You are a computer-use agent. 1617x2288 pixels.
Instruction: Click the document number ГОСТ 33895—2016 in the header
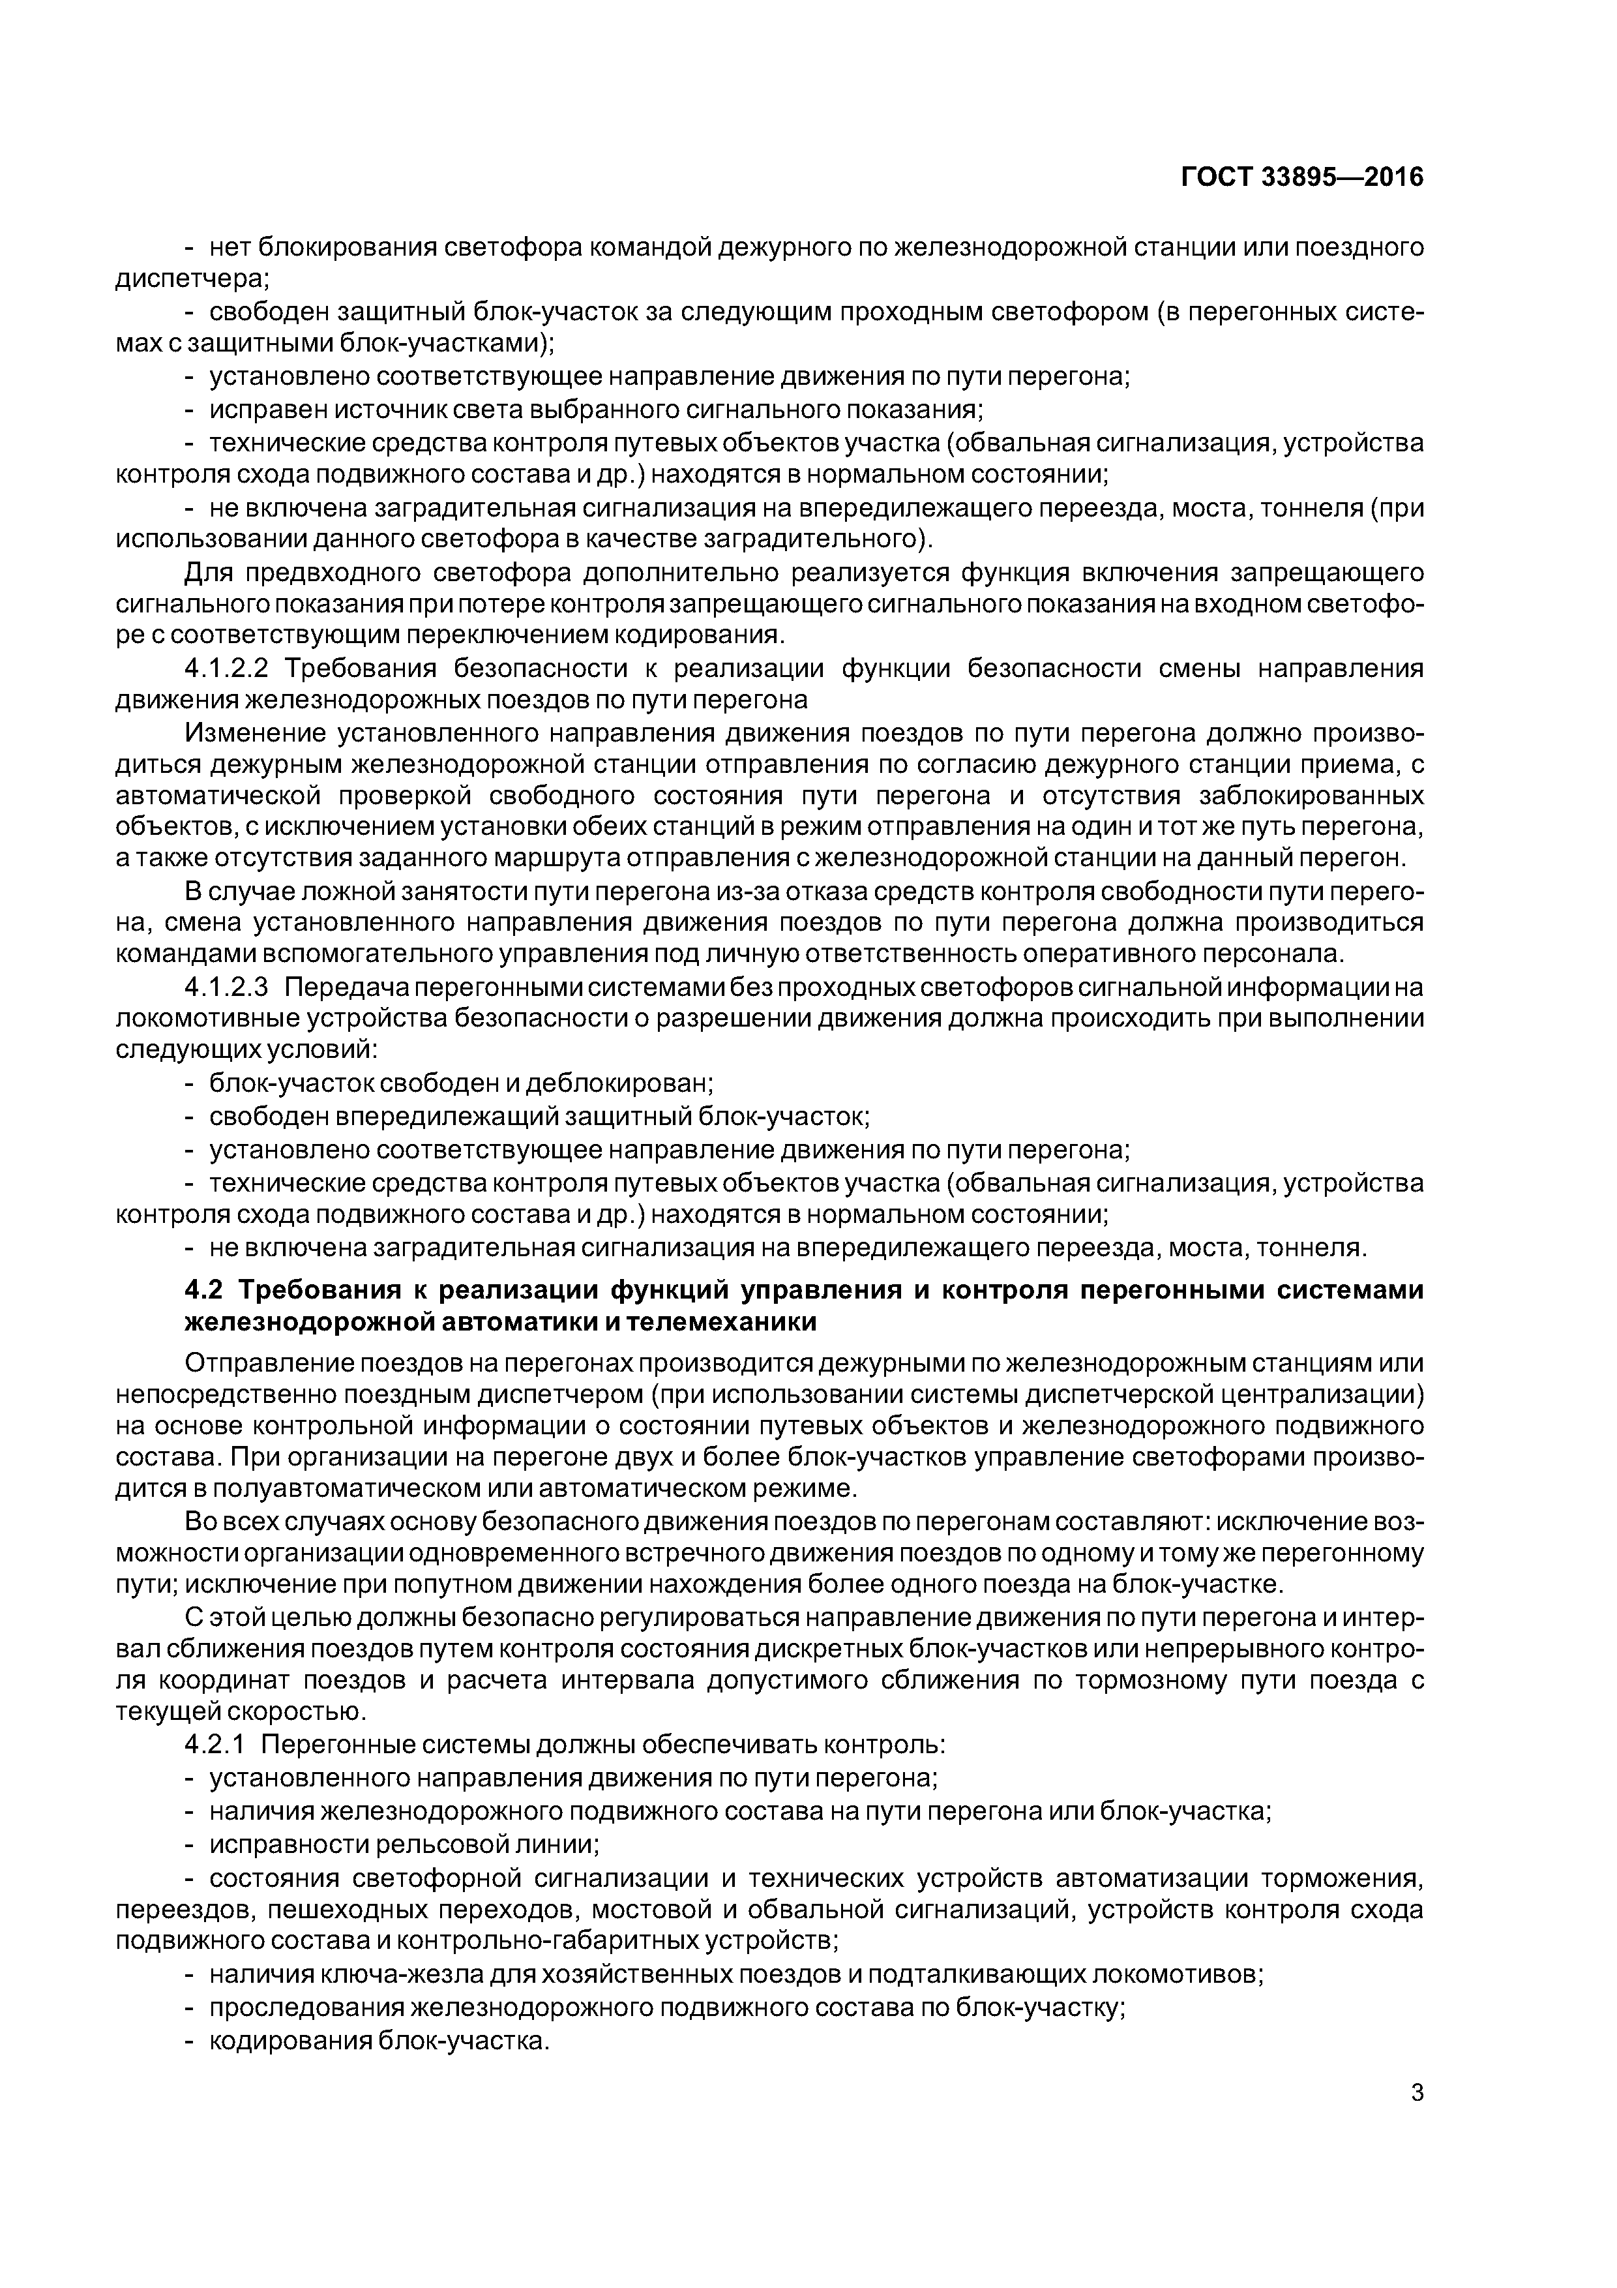coord(1301,177)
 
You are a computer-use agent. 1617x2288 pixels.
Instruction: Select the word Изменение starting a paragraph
coord(255,734)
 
